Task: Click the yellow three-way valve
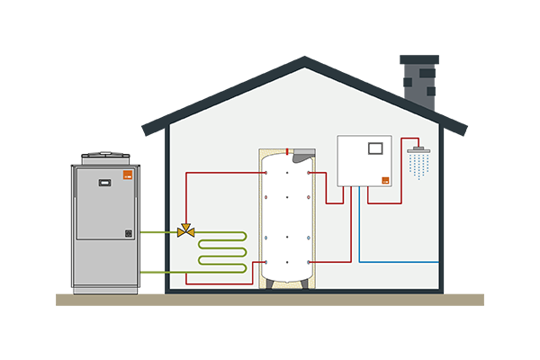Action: [x=186, y=231]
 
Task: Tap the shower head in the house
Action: [x=418, y=150]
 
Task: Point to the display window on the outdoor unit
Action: [x=104, y=180]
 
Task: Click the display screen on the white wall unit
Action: [x=377, y=146]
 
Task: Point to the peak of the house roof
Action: [x=304, y=61]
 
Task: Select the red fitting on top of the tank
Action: [x=287, y=151]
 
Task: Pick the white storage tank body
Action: [x=287, y=216]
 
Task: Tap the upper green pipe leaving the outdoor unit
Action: [x=157, y=232]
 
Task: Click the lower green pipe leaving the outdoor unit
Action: [x=157, y=271]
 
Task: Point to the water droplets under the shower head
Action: [x=418, y=165]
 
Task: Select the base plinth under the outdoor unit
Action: [x=105, y=290]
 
